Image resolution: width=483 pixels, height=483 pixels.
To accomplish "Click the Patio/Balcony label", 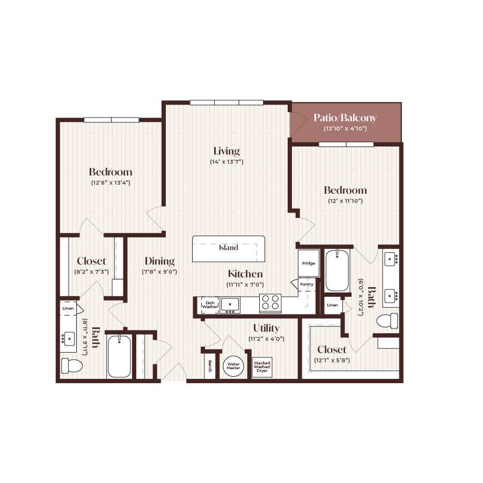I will pyautogui.click(x=345, y=118).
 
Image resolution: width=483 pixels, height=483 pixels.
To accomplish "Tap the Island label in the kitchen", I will pyautogui.click(x=229, y=247).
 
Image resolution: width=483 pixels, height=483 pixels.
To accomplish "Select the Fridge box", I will pyautogui.click(x=309, y=263).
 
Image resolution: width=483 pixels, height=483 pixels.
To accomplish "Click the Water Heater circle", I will pyautogui.click(x=233, y=364).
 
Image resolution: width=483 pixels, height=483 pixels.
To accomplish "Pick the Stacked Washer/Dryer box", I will pyautogui.click(x=262, y=367).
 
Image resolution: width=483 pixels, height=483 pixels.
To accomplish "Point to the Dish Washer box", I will pyautogui.click(x=209, y=305).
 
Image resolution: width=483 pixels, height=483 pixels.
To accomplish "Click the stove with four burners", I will pyautogui.click(x=270, y=303).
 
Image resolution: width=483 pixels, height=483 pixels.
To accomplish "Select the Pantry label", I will pyautogui.click(x=307, y=284).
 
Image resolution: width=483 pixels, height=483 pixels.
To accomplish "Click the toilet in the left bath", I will pyautogui.click(x=71, y=366).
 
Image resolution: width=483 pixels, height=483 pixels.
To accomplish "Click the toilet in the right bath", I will pyautogui.click(x=387, y=321).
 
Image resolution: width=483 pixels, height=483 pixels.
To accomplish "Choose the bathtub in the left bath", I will pyautogui.click(x=119, y=357).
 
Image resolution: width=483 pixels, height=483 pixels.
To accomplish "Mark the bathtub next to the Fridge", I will pyautogui.click(x=337, y=270).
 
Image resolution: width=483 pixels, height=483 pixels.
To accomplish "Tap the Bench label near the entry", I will pyautogui.click(x=210, y=366).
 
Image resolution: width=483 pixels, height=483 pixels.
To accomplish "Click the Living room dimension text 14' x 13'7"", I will pyautogui.click(x=226, y=162).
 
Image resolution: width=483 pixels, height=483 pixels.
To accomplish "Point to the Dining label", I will pyautogui.click(x=159, y=261).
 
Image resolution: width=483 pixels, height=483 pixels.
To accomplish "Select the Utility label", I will pyautogui.click(x=266, y=328).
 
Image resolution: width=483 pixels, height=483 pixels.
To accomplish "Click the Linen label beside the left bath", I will pyautogui.click(x=68, y=309).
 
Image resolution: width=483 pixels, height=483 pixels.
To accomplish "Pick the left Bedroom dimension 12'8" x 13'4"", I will pyautogui.click(x=111, y=182).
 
